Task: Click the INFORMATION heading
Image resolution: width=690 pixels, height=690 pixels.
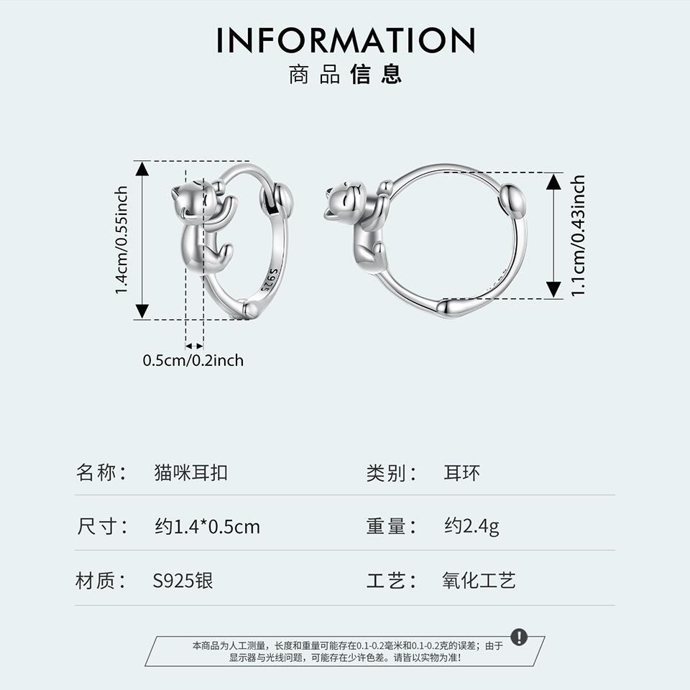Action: [345, 40]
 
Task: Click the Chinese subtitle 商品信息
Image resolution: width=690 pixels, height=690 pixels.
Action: [345, 75]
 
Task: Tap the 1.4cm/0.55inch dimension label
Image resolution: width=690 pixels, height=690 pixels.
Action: [121, 240]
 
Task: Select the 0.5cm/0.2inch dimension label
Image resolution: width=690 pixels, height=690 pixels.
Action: [193, 360]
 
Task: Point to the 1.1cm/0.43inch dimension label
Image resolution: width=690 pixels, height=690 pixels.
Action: [578, 235]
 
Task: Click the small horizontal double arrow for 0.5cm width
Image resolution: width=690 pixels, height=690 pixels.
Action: [195, 346]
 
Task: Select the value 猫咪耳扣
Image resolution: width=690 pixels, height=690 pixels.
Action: [190, 473]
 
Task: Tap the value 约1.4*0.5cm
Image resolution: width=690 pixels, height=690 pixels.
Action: [207, 527]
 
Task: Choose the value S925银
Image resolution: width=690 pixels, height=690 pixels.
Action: [183, 581]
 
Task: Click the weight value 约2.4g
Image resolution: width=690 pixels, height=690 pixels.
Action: [471, 527]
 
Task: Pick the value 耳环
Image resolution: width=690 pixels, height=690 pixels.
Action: [461, 473]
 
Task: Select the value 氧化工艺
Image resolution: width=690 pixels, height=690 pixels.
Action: [479, 581]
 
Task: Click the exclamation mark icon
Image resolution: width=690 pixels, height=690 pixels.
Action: [519, 637]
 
